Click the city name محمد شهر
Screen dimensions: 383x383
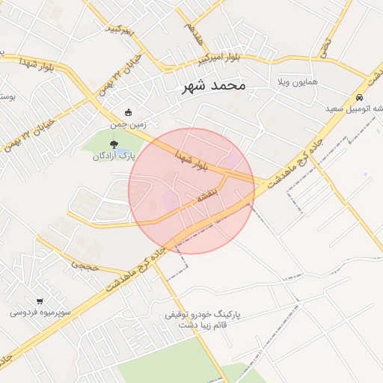tap(213, 86)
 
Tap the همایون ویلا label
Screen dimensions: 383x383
tap(298, 80)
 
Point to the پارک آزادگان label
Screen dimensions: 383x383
tap(113, 156)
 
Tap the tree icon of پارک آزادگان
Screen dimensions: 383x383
tap(113, 144)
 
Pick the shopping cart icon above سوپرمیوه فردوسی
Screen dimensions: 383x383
tap(40, 301)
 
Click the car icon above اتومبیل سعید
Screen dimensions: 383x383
tap(360, 97)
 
